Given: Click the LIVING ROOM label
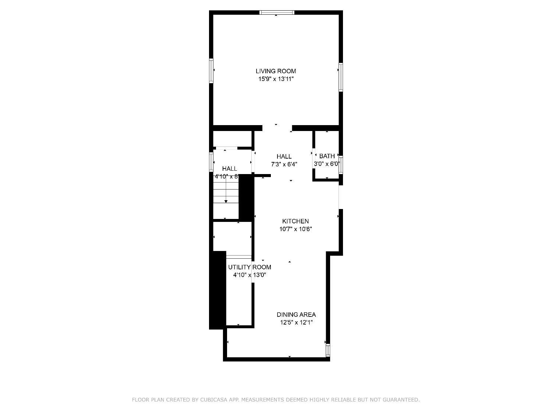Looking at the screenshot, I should point(276,71).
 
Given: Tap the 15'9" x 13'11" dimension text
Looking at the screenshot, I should point(276,79).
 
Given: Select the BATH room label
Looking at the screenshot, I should point(327,156).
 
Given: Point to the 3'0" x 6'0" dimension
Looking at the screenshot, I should point(327,164).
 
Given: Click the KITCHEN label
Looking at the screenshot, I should point(295,221).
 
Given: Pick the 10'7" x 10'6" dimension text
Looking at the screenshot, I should point(296,229).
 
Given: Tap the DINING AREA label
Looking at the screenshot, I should point(296,315).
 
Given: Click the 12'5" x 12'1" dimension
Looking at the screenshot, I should point(296,323).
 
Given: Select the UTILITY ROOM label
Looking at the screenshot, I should point(250,267).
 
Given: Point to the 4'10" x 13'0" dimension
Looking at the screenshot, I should point(250,275).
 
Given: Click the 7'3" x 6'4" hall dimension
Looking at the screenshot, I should point(284,164).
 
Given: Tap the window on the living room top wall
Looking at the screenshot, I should point(277,13).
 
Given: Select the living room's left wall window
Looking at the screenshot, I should point(211,70).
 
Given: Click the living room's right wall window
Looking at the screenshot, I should point(341,77).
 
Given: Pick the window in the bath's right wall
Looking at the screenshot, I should point(341,164).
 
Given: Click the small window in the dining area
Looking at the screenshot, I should point(328,350).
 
